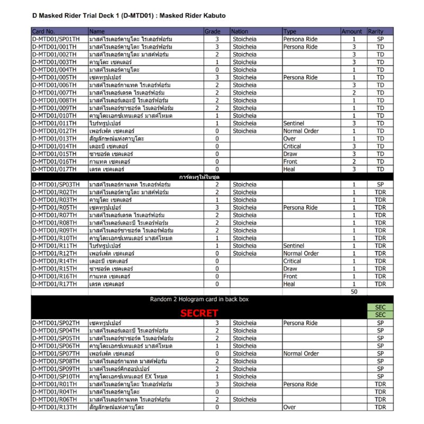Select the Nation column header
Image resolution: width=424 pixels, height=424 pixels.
pos(240,32)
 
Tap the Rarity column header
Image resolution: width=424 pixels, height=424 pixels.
pos(376,32)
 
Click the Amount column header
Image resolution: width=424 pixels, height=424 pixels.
pos(352,32)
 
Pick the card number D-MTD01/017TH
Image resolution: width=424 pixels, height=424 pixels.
pos(55,169)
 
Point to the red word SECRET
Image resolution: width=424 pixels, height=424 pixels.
pos(199,313)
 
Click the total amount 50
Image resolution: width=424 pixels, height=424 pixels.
pos(354,292)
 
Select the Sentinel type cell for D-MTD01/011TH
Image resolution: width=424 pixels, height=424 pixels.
pos(294,123)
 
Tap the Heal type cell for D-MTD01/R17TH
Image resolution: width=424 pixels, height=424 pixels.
pos(289,284)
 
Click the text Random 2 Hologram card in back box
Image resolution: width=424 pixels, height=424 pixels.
pos(199,299)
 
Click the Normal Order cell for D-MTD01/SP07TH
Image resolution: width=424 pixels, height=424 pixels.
pos(301,354)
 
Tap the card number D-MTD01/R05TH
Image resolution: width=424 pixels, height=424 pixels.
pos(55,208)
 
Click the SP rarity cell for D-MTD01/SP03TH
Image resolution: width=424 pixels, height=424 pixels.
pos(380,184)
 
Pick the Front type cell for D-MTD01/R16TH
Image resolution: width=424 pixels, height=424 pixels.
pos(290,277)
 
